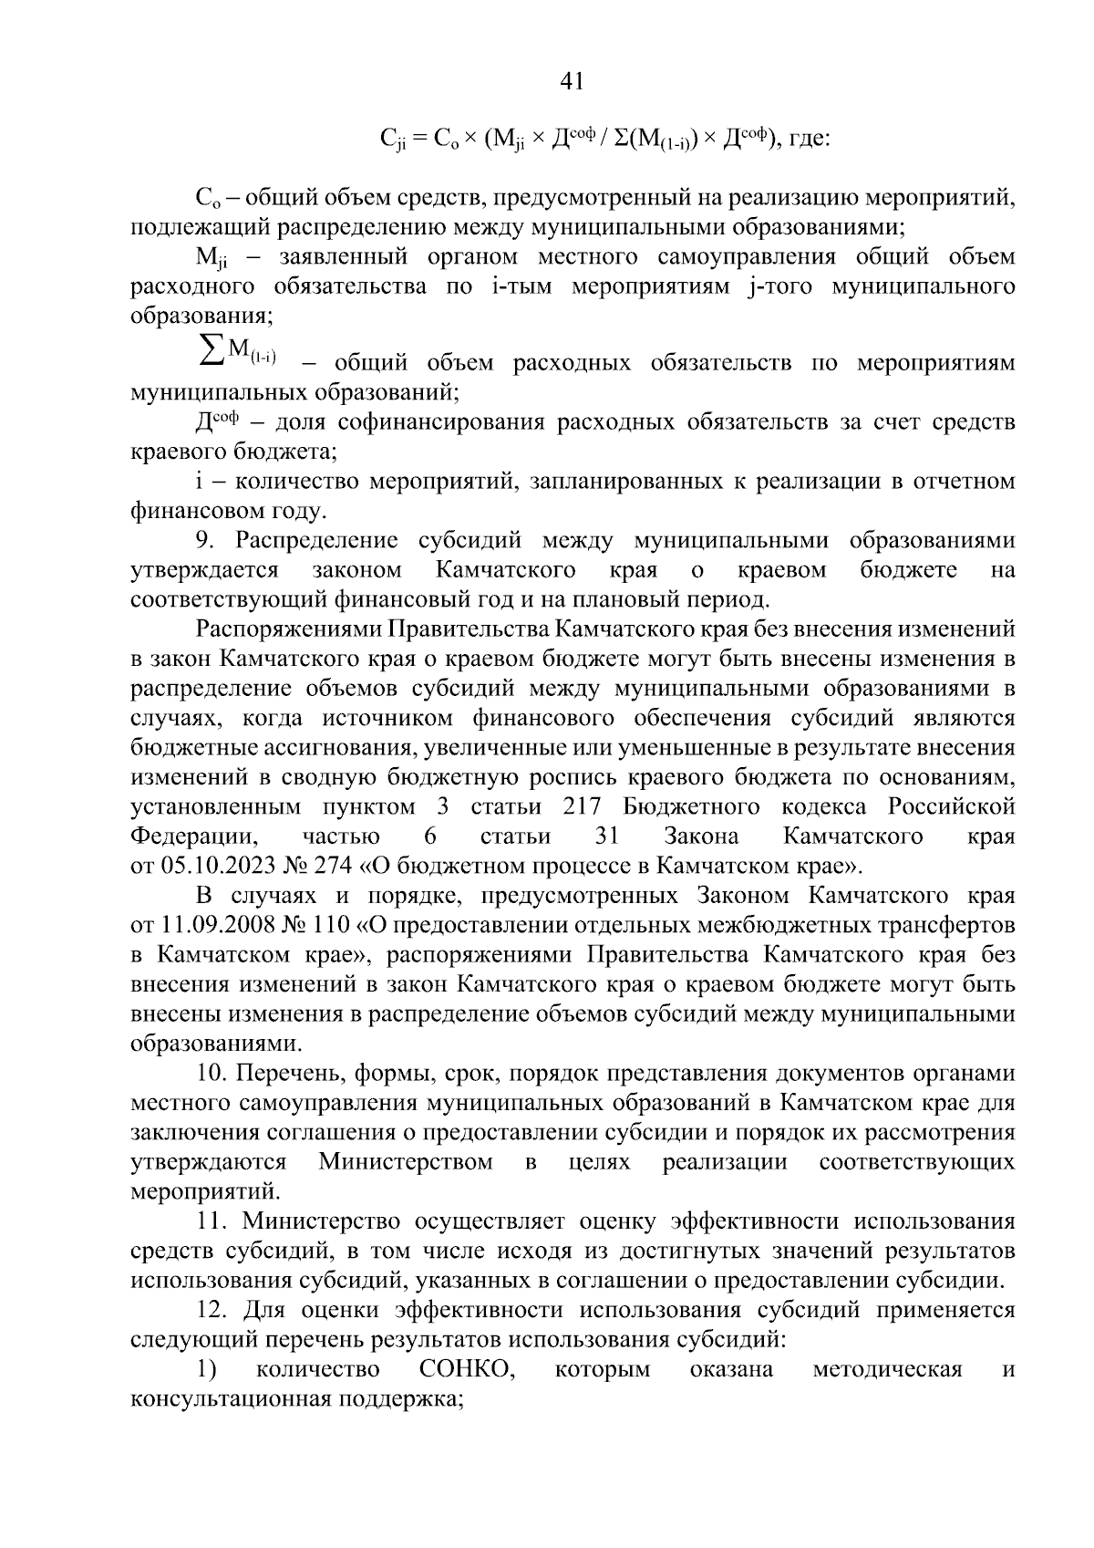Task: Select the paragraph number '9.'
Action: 207,540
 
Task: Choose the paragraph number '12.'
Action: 212,1310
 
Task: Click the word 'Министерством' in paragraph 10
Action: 406,1161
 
